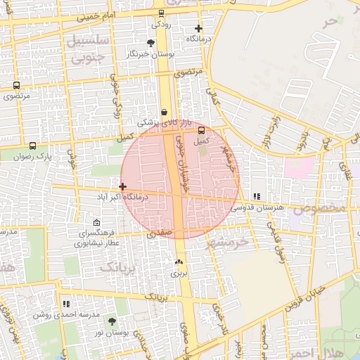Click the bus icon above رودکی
161,13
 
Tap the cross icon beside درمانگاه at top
199,29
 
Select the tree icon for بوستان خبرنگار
150,44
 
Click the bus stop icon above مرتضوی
16,86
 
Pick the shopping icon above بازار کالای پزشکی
164,112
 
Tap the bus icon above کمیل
202,130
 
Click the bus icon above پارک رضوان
33,146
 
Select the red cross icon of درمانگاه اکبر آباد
123,186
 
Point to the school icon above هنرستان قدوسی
257,197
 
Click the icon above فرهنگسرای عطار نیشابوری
96,222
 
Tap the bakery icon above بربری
177,262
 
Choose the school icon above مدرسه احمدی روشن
67,304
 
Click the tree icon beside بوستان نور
112,321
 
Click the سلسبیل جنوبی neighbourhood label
87,47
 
